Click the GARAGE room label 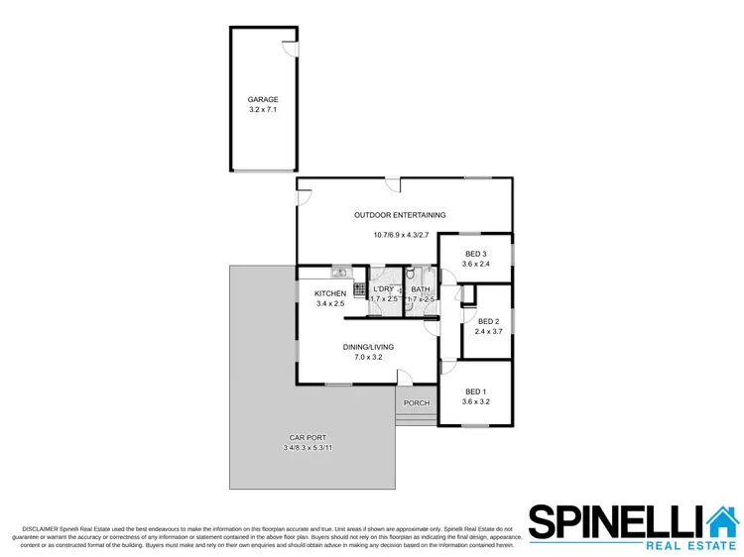tap(263, 99)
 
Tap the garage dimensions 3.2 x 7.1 tap(263, 110)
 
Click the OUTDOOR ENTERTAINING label tap(401, 215)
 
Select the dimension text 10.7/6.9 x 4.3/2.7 tap(402, 235)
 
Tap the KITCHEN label tap(329, 293)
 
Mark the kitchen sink tap(338, 272)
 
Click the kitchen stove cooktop tap(358, 291)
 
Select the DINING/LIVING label tap(368, 347)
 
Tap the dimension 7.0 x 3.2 tap(368, 357)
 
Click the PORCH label tap(417, 403)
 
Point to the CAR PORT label tap(308, 438)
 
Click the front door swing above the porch tap(405, 377)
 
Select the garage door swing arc tap(289, 47)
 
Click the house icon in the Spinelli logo tap(721, 520)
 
